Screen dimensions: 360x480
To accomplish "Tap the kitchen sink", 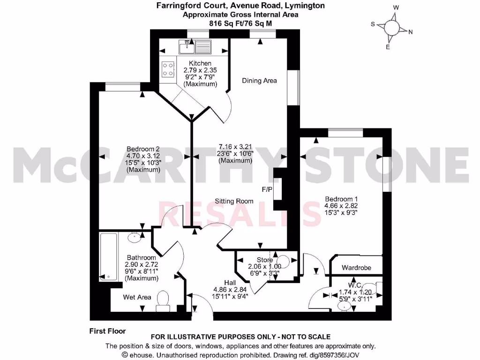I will pos(195,46).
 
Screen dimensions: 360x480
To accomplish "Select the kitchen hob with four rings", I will pos(167,69).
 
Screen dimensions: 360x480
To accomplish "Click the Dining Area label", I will pos(259,81).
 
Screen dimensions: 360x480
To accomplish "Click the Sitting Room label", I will pos(234,201).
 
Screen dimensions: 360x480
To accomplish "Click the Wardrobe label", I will pos(356,268).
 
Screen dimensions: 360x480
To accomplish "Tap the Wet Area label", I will pos(137,297).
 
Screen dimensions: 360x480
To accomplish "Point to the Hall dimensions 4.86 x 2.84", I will pos(230,289).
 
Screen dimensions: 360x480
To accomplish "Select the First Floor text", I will pos(107,331).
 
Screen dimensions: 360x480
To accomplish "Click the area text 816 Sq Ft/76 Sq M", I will pos(240,22).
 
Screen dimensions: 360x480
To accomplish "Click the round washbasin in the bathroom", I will pos(135,236).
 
